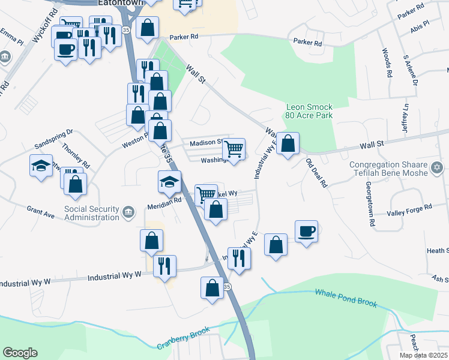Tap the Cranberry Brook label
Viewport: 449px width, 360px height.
(184, 339)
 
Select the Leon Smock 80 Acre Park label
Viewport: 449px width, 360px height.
(309, 112)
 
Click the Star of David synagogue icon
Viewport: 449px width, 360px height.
(437, 166)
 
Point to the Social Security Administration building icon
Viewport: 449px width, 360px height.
(128, 212)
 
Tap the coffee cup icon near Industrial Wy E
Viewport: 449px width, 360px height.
(306, 232)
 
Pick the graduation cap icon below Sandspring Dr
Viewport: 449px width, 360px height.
(41, 166)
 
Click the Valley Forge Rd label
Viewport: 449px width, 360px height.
(410, 208)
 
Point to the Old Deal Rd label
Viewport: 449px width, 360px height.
(316, 172)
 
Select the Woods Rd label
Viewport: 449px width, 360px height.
(387, 62)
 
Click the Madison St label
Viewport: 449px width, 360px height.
(206, 143)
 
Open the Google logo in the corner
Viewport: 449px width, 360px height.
(20, 353)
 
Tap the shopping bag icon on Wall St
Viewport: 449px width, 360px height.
(288, 144)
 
